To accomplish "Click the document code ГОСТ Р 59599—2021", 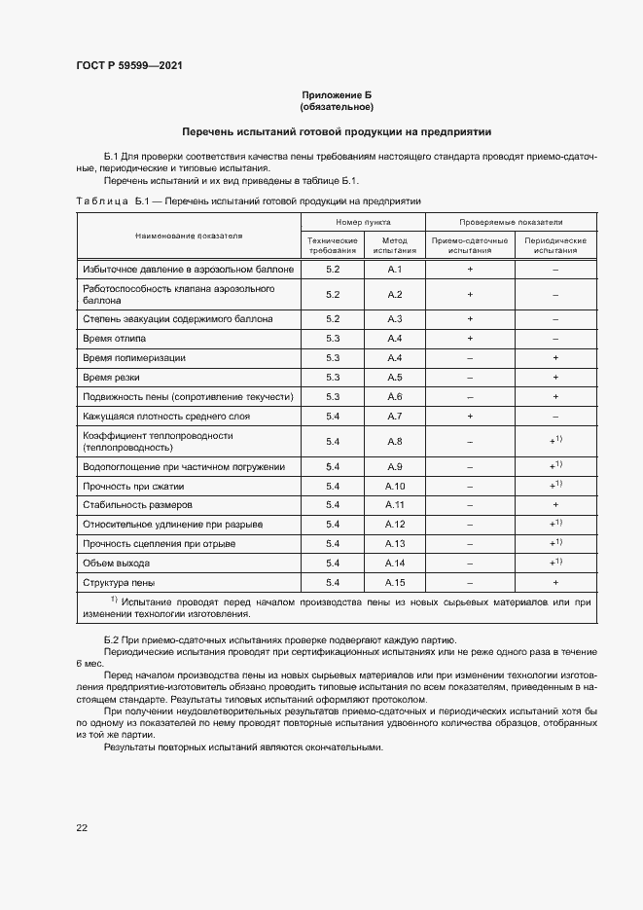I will tap(128, 66).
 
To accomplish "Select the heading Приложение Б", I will tap(337, 95).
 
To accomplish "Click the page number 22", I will tap(82, 827).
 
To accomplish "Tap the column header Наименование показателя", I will tap(189, 236).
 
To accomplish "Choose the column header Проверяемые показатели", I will tap(511, 223).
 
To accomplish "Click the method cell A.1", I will tap(394, 268).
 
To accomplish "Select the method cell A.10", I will tap(394, 486).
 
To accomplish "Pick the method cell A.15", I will tap(394, 582).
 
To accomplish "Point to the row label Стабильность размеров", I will tap(138, 505).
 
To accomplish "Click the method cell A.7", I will tap(394, 416).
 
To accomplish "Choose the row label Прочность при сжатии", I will tap(134, 486).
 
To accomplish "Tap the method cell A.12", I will tap(394, 525).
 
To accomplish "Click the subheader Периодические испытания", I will tap(554, 245).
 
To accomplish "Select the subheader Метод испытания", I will tap(394, 245).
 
